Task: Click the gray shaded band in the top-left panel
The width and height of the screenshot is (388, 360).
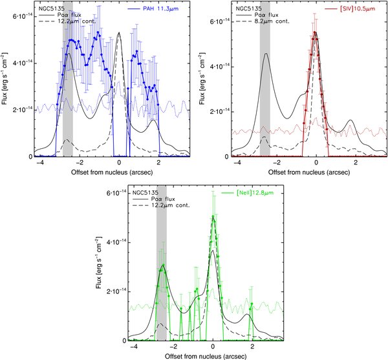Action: (x=68, y=84)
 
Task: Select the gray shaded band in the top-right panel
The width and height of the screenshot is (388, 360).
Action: (x=264, y=84)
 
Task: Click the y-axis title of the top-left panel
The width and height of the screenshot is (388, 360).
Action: (x=6, y=84)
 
